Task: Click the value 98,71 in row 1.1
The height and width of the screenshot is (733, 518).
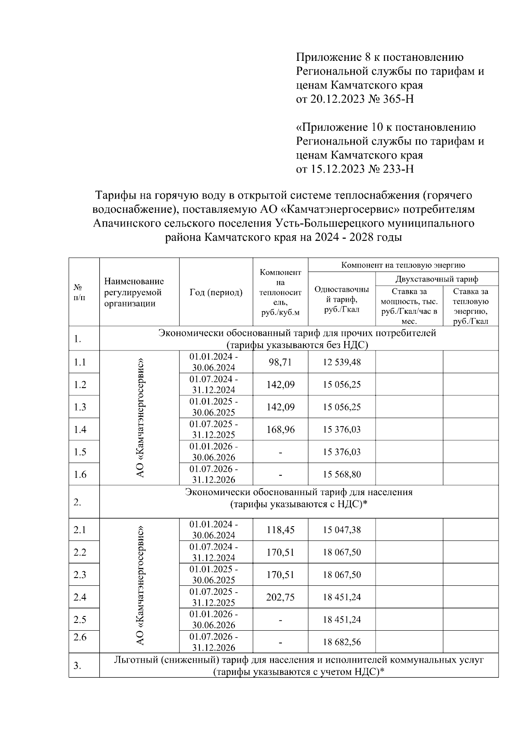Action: [280, 362]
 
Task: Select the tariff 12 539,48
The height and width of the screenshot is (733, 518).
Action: [341, 362]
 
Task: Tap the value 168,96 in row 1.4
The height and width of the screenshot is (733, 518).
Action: [280, 430]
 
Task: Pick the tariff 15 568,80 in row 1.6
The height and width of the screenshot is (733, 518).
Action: [341, 474]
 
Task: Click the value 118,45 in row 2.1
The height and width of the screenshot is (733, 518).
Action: [280, 530]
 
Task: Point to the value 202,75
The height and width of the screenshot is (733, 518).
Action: [280, 597]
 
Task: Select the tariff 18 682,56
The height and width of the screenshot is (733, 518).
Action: [341, 642]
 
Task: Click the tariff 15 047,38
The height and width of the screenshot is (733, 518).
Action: [341, 530]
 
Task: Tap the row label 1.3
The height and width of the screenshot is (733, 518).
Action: [80, 407]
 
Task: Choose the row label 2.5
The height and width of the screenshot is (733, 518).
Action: [80, 619]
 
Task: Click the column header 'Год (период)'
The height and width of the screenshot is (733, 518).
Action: [216, 292]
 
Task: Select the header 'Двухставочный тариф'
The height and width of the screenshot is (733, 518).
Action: [437, 279]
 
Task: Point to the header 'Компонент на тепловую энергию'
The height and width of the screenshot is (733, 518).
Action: [403, 265]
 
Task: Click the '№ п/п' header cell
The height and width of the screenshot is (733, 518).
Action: [79, 292]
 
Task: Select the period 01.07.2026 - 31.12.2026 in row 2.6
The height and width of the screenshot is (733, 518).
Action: [214, 642]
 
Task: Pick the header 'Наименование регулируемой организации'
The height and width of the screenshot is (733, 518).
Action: [134, 292]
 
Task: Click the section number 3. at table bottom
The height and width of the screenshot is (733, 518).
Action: [77, 666]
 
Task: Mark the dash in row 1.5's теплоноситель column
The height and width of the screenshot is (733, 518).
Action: [280, 452]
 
